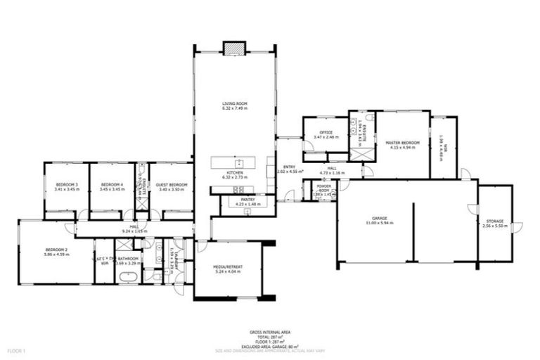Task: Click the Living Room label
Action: [x=235, y=104]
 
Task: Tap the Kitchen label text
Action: [x=235, y=172]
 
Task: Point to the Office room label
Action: [x=326, y=132]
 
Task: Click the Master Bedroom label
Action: [x=402, y=143]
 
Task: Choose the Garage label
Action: [x=378, y=219]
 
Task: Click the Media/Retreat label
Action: [x=228, y=267]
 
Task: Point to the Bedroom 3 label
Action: [x=67, y=185]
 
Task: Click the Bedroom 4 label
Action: [x=112, y=185]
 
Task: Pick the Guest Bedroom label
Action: [x=172, y=185]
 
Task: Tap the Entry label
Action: [x=290, y=167]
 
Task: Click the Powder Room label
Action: [x=324, y=188]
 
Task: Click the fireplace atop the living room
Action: [x=232, y=48]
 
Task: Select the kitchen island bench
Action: [x=238, y=162]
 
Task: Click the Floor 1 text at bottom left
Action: [x=15, y=349]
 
